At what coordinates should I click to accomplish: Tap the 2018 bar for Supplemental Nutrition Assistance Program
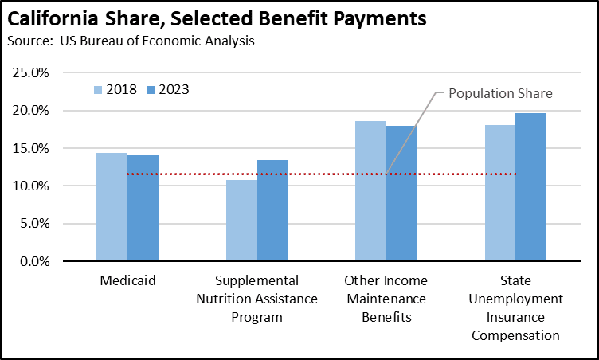tap(241, 221)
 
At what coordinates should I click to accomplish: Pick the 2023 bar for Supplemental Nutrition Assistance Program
tap(272, 211)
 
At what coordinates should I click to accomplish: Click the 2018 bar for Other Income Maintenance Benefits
tap(371, 191)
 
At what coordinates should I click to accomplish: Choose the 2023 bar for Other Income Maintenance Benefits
tap(401, 194)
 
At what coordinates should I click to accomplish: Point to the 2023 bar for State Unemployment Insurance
tap(530, 187)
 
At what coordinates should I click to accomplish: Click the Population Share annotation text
tap(500, 93)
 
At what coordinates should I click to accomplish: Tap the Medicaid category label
tap(127, 281)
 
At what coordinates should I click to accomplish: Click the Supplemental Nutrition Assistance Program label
tap(256, 299)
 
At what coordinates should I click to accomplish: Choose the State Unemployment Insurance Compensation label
tap(515, 307)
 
